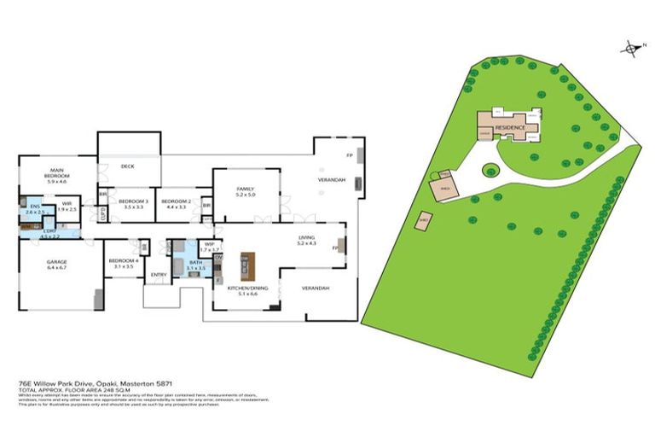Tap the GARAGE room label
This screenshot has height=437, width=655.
coord(56,263)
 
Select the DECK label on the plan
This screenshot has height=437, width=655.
coord(128,166)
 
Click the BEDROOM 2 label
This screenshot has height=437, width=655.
coord(177,202)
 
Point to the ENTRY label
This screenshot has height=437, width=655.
coord(159,274)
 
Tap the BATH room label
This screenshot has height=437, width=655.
coord(196,265)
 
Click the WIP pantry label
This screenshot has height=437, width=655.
coord(208,246)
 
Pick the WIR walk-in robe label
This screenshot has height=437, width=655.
coord(67,206)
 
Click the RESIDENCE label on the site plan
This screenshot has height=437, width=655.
coord(511,126)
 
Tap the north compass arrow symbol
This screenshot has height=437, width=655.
coord(631,49)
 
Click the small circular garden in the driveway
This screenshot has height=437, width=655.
coord(492,170)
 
